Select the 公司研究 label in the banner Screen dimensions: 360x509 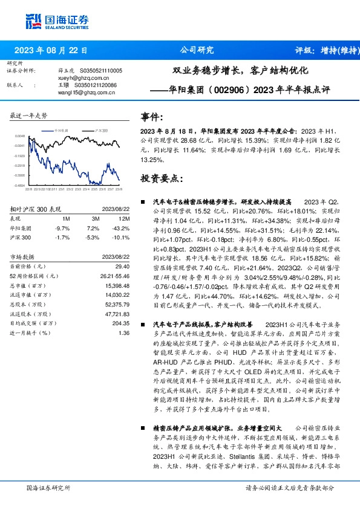click(x=197, y=51)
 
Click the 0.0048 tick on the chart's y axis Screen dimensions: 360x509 click(x=20, y=137)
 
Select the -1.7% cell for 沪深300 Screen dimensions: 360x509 click(x=62, y=238)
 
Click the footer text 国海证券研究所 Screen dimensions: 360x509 click(x=49, y=487)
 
